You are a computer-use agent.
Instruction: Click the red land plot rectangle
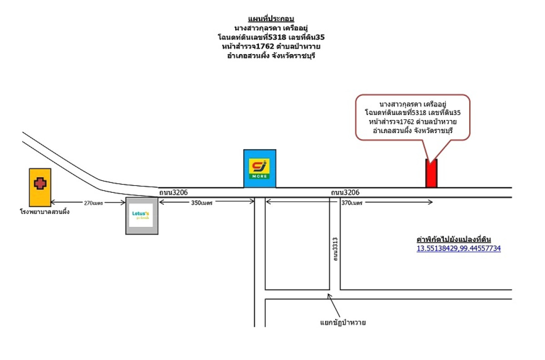pyautogui.click(x=431, y=173)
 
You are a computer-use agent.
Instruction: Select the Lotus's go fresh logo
pyautogui.click(x=142, y=215)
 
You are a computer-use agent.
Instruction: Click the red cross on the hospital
pyautogui.click(x=40, y=183)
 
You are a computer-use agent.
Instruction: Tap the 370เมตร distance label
pyautogui.click(x=352, y=203)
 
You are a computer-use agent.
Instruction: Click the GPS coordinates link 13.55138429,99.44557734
pyautogui.click(x=458, y=249)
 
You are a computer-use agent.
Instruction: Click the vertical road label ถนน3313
pyautogui.click(x=335, y=249)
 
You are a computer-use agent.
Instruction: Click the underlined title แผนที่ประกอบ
pyautogui.click(x=272, y=19)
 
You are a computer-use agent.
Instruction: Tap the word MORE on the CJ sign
pyautogui.click(x=259, y=175)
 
